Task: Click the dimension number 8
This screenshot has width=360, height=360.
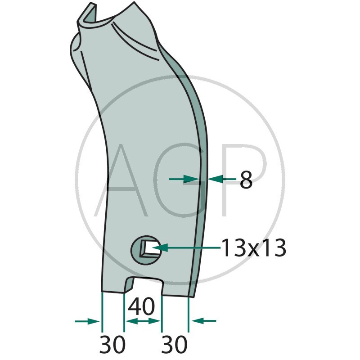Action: point(246,179)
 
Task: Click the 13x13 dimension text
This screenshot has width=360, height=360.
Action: point(254,248)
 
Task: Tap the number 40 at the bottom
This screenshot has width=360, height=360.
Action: point(141,306)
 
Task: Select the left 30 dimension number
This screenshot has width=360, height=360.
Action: point(112,344)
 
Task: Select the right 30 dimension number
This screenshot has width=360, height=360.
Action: point(174,344)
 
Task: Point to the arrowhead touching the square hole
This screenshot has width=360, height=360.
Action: point(159,248)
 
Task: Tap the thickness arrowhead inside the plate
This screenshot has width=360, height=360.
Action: point(191,179)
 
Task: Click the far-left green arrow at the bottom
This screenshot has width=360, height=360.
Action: point(87,321)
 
